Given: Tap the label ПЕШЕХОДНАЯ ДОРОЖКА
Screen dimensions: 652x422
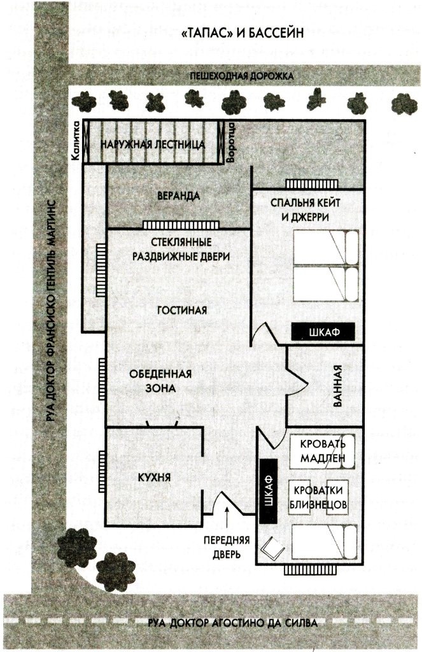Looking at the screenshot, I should click(241, 76).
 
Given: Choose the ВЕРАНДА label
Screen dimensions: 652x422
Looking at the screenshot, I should click(179, 195).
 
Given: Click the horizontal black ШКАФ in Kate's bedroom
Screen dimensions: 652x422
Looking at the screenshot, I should click(323, 332).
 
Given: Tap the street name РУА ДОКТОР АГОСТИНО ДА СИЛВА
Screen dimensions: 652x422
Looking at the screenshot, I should click(230, 622).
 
